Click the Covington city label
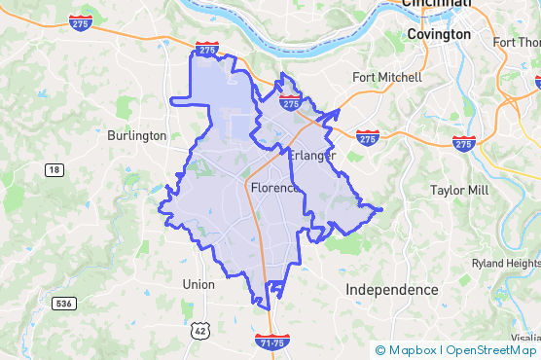pos(439,34)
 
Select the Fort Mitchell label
pos(387,77)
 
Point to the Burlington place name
pos(137,135)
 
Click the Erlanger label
pos(312,156)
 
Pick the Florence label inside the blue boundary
pos(274,187)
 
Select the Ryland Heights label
pos(505,264)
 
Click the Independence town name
pos(392,290)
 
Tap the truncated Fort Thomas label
pos(517,42)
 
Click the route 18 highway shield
pos(54,169)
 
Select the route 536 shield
pos(63,304)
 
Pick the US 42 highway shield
pos(200,331)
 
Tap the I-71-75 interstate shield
pos(271,342)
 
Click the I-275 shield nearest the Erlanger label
pos(289,101)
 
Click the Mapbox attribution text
pos(411,350)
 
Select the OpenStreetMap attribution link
pos(490,350)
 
